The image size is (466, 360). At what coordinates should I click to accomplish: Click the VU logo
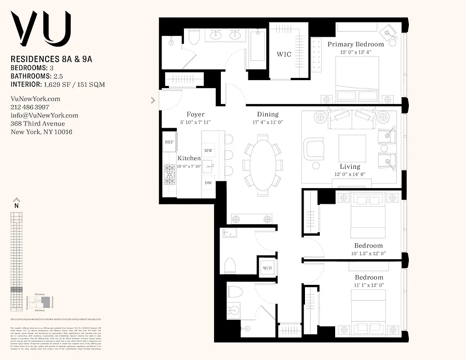pyautogui.click(x=41, y=28)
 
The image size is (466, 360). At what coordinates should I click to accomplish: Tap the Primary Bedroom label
pyautogui.click(x=355, y=44)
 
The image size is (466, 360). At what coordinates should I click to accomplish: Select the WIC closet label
pyautogui.click(x=284, y=54)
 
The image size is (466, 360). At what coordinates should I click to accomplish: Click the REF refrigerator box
pyautogui.click(x=169, y=142)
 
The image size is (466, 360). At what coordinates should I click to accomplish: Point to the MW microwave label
pyautogui.click(x=208, y=150)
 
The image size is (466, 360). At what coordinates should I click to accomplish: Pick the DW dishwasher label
pyautogui.click(x=208, y=183)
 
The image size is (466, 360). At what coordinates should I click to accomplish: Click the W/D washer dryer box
pyautogui.click(x=267, y=268)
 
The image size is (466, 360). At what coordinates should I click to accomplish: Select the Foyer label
pyautogui.click(x=195, y=114)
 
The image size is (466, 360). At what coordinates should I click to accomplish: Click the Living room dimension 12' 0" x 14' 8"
pyautogui.click(x=350, y=175)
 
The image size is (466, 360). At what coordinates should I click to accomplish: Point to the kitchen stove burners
pyautogui.click(x=170, y=175)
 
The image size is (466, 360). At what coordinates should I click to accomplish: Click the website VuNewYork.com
pyautogui.click(x=35, y=99)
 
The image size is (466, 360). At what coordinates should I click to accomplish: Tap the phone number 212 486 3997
pyautogui.click(x=30, y=107)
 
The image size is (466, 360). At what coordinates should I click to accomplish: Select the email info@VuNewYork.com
pyautogui.click(x=44, y=115)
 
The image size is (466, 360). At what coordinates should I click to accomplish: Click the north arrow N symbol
pyautogui.click(x=17, y=202)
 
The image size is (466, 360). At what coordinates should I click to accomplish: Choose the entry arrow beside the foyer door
pyautogui.click(x=153, y=100)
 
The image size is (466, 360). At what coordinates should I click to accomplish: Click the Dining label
pyautogui.click(x=268, y=114)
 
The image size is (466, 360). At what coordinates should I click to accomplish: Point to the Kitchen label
pyautogui.click(x=189, y=158)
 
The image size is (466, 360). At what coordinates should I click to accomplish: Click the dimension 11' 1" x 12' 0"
pyautogui.click(x=369, y=285)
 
